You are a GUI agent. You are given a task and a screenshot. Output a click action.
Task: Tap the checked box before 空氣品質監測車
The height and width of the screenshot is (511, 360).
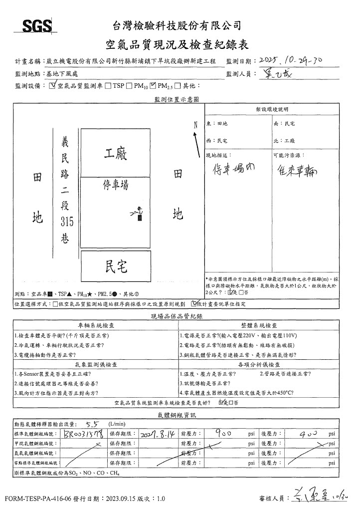[x=53, y=85]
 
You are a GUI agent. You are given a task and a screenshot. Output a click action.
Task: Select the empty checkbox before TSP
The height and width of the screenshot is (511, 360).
[x=108, y=86]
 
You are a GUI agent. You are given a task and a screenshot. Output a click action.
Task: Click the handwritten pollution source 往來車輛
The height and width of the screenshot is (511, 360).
[x=296, y=170]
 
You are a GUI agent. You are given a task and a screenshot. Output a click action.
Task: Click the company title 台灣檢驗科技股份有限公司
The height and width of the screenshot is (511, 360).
[x=177, y=25]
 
